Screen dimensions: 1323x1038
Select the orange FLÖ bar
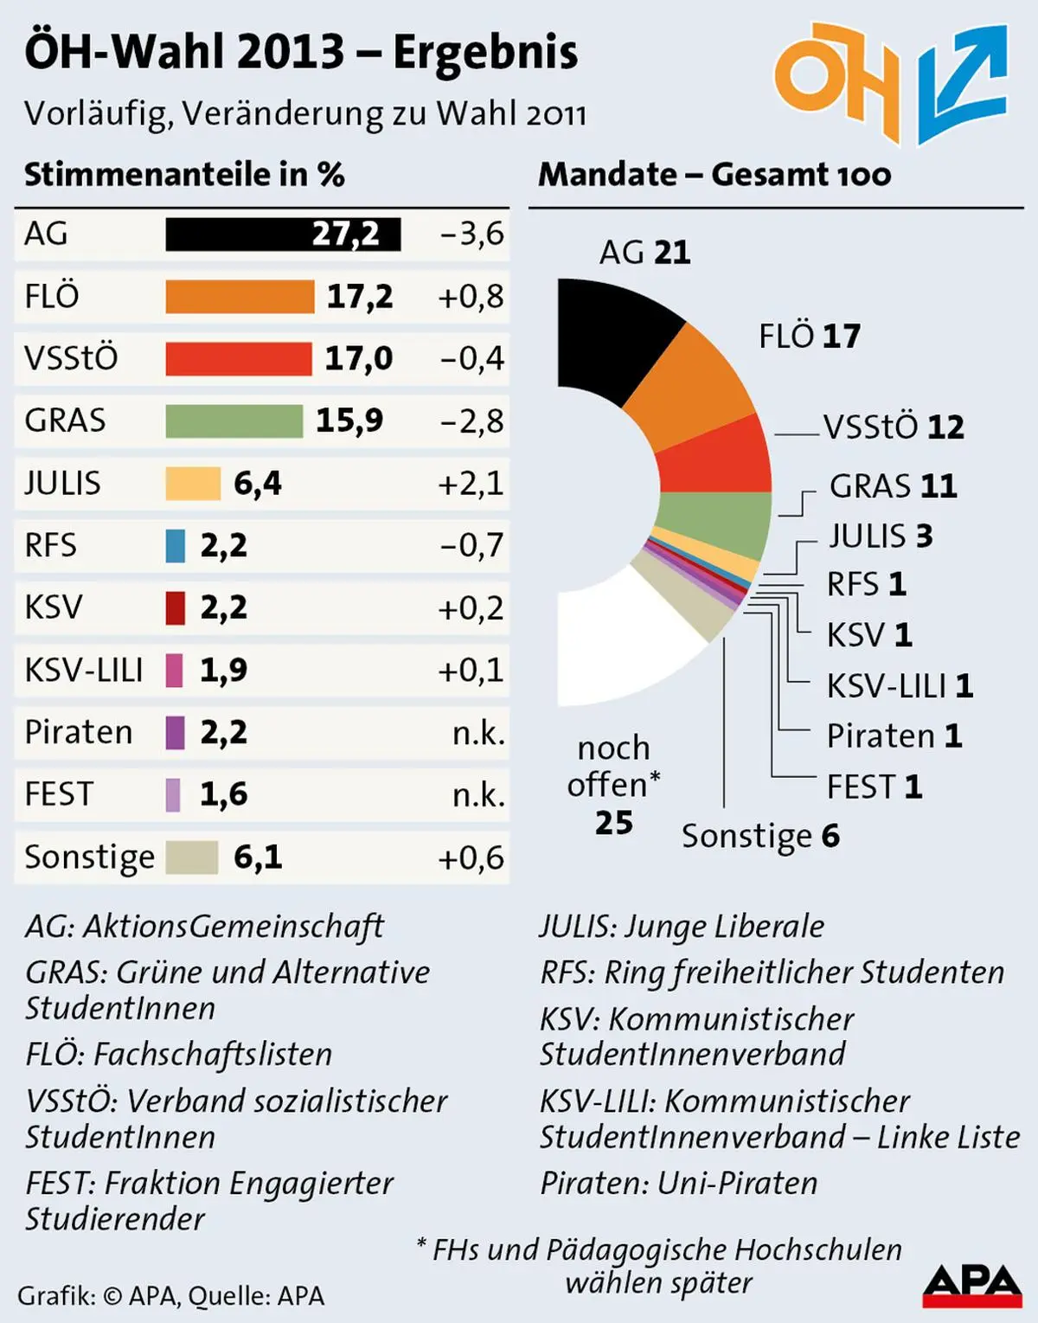click(x=240, y=297)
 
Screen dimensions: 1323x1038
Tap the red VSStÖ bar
click(x=238, y=358)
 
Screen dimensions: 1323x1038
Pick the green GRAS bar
click(x=234, y=421)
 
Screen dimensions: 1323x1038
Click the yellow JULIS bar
click(x=193, y=484)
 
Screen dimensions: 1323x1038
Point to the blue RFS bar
click(x=176, y=546)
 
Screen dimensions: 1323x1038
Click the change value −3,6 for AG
click(x=471, y=234)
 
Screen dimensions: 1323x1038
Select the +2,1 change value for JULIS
click(x=471, y=484)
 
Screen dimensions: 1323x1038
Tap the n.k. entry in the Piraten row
click(x=478, y=733)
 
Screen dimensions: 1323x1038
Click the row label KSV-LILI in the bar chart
click(x=84, y=671)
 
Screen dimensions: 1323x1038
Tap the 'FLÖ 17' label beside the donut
click(x=810, y=336)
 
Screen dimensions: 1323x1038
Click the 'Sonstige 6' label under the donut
click(x=760, y=836)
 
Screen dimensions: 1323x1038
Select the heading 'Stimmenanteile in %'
click(x=184, y=175)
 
